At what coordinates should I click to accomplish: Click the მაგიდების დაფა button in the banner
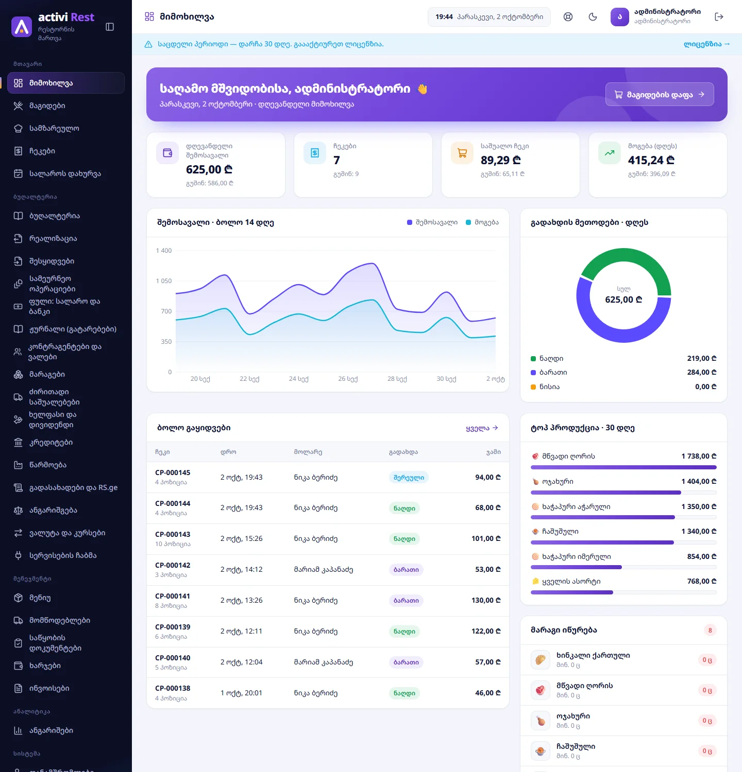660,94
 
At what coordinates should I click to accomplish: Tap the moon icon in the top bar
593,17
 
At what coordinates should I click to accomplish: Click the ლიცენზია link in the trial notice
706,44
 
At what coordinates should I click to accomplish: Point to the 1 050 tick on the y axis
164,281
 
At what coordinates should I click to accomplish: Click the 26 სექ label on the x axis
348,379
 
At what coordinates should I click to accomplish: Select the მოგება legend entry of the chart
482,222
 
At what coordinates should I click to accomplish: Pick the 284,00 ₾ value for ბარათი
701,372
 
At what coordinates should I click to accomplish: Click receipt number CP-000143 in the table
173,534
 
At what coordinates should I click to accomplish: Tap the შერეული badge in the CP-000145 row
409,478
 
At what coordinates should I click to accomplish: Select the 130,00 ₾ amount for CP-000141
486,600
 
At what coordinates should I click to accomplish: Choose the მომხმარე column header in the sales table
308,452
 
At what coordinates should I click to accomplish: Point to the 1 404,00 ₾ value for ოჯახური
699,481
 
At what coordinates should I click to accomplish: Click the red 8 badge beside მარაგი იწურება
710,630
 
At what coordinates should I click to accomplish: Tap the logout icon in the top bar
719,17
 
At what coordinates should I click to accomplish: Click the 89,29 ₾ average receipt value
501,160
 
